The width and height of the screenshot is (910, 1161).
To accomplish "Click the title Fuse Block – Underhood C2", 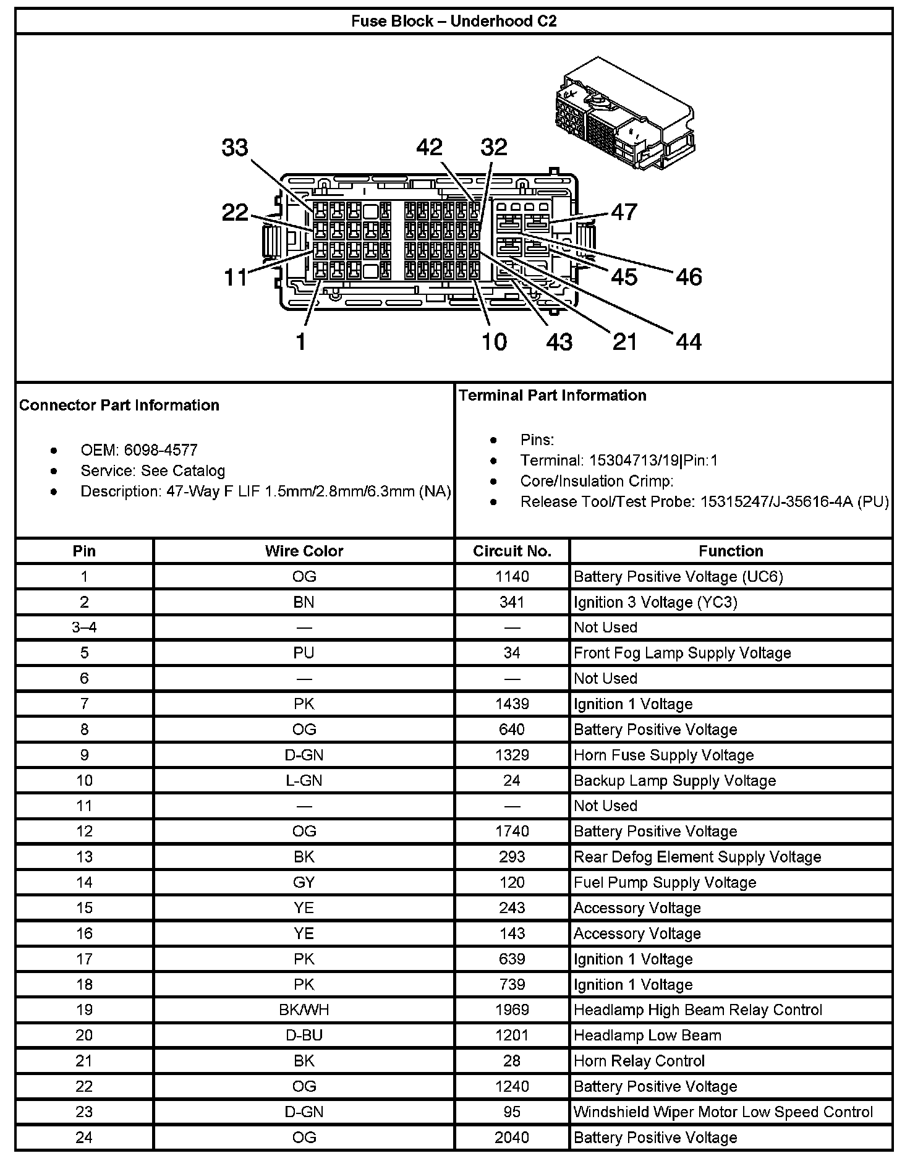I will tap(454, 21).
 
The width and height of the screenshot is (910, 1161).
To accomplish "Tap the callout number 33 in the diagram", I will tap(235, 148).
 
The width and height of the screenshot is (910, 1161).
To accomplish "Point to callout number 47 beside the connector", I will tap(623, 212).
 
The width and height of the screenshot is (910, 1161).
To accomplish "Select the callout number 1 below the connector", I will tap(301, 342).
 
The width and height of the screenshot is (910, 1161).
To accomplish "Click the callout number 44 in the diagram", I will tap(689, 342).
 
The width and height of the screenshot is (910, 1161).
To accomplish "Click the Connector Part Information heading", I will tap(119, 405).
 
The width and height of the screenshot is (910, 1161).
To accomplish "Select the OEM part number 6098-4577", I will tap(160, 450).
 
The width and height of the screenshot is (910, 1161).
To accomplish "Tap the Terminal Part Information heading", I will tap(552, 395).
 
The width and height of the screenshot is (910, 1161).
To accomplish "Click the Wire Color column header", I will tap(304, 551).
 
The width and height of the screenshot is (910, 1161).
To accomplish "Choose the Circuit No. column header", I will tap(512, 551).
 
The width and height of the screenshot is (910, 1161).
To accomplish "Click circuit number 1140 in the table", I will tap(512, 577).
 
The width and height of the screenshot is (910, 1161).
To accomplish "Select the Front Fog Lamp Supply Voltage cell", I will tap(682, 653).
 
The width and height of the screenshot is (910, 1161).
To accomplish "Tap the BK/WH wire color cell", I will tap(304, 1010).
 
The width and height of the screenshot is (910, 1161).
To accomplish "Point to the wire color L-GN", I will tap(304, 780).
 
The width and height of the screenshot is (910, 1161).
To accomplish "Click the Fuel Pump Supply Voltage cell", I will tap(665, 882).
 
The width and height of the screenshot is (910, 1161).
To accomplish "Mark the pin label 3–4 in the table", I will tap(84, 627).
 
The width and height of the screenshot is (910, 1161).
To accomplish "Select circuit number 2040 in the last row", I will tap(512, 1137).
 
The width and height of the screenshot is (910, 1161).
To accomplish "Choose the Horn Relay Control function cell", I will tap(639, 1061).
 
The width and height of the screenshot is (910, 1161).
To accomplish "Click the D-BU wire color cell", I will tap(304, 1035).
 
